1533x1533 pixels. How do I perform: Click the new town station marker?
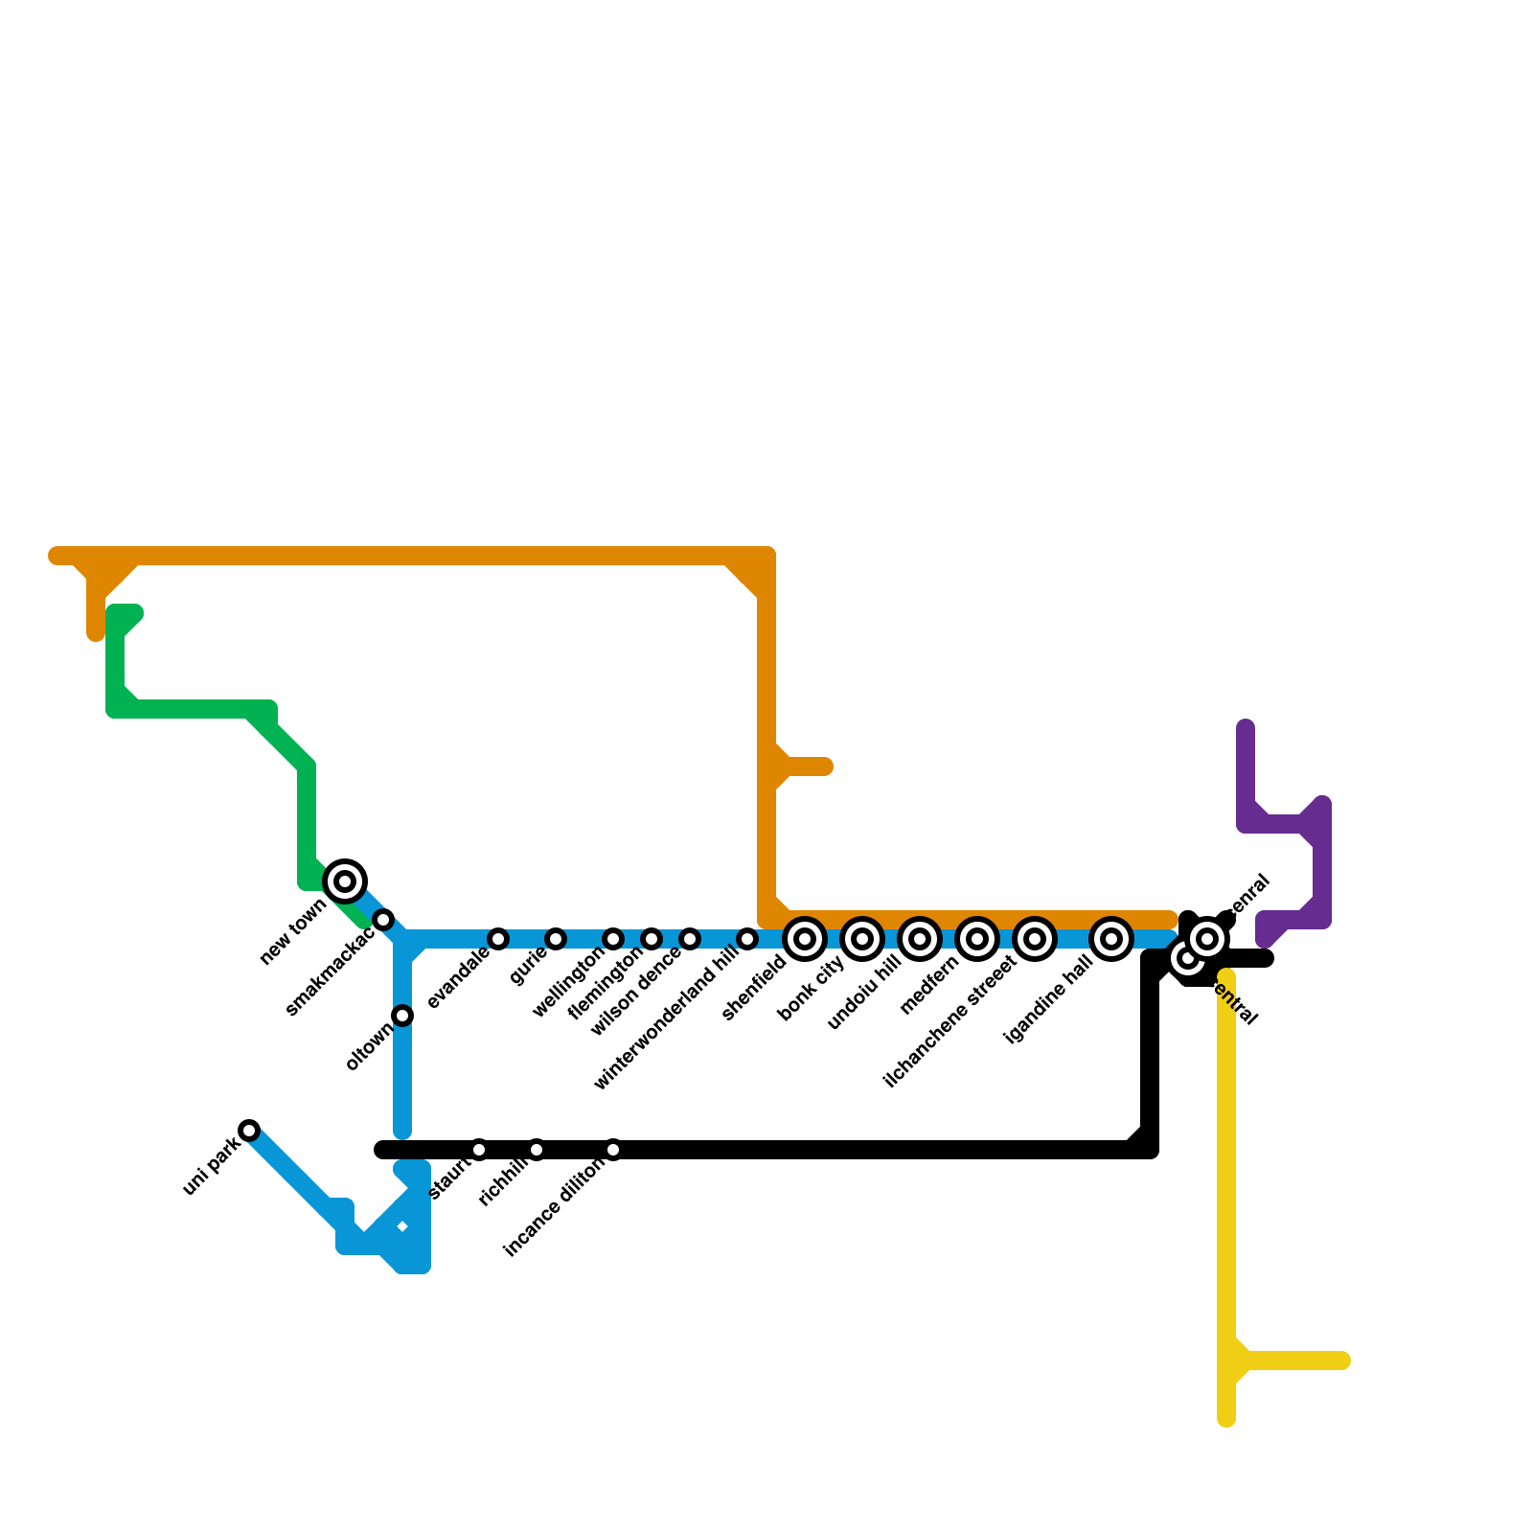345,881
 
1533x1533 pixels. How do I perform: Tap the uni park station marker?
249,1131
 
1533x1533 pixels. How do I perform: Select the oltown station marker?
402,1016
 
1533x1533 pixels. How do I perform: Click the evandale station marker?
498,939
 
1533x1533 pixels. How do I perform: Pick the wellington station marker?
613,939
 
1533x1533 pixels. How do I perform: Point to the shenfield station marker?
805,939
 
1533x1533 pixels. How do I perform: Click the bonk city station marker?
862,939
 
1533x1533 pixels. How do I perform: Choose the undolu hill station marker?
920,939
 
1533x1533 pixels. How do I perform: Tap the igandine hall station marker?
1111,939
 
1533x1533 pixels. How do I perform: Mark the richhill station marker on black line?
537,1150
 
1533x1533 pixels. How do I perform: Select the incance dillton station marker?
613,1150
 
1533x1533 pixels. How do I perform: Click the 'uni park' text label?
211,1166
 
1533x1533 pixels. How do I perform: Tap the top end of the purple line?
1246,728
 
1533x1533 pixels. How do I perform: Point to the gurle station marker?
556,939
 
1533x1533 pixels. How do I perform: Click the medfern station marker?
977,939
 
